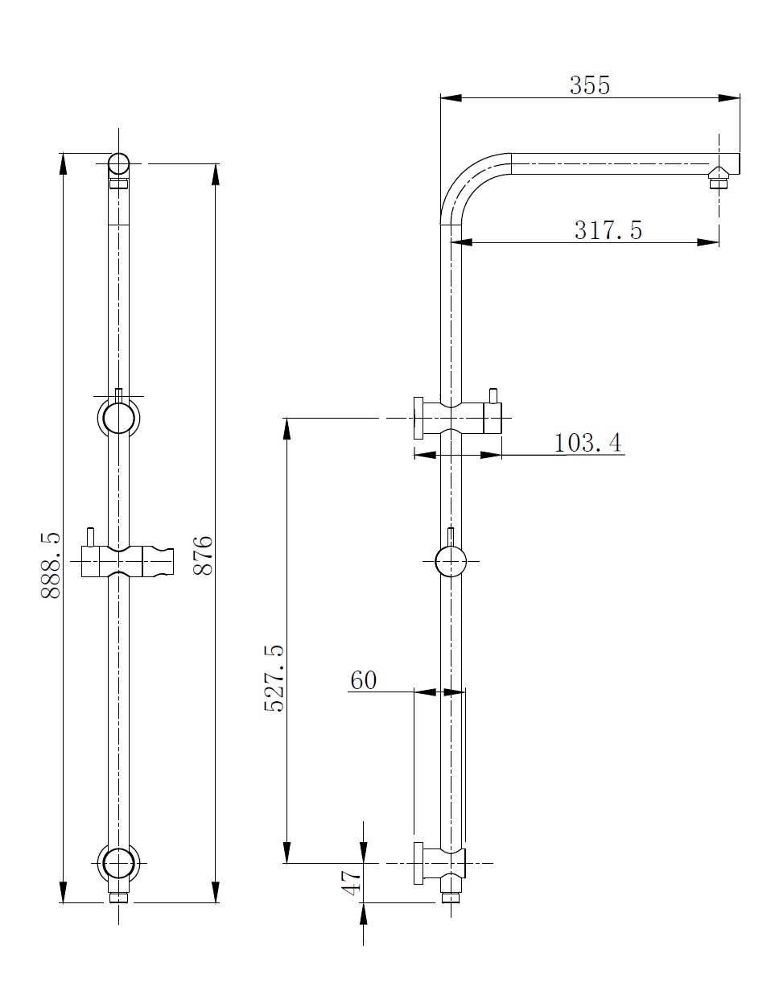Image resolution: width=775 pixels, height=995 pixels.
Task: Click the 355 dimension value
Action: (590, 85)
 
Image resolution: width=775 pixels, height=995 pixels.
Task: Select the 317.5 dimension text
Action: (608, 230)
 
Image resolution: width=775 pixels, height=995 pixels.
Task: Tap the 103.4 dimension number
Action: (587, 443)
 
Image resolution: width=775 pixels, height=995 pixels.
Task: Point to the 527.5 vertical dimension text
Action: (274, 678)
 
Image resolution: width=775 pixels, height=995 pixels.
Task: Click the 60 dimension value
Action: (363, 680)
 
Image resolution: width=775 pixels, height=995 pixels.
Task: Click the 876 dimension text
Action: (202, 555)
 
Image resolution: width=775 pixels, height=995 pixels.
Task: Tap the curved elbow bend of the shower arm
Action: (467, 181)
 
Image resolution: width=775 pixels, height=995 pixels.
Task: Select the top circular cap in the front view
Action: (118, 164)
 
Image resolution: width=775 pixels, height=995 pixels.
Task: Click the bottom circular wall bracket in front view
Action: (118, 863)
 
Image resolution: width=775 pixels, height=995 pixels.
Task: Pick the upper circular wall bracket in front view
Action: (118, 419)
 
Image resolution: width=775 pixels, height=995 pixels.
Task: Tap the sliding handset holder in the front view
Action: (129, 562)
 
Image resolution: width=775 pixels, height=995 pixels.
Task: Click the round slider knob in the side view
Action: (450, 561)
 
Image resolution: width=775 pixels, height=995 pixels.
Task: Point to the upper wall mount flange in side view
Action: (418, 419)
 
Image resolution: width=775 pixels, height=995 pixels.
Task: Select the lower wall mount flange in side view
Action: (418, 863)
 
